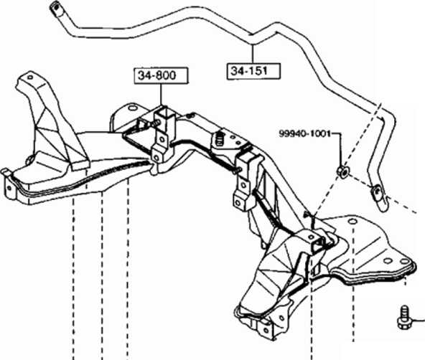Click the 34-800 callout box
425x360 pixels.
click(x=161, y=75)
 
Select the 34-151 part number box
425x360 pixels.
click(x=253, y=71)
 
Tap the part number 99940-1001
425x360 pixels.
click(x=305, y=133)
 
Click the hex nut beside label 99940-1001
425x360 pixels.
click(x=343, y=171)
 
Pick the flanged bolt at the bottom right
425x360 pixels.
click(x=404, y=318)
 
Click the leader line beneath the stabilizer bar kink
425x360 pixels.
click(x=253, y=54)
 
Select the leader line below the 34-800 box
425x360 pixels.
click(x=161, y=95)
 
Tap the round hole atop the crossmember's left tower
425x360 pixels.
click(x=30, y=77)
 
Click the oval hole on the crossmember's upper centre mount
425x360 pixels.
click(x=133, y=108)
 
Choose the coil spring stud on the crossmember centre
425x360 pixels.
click(x=220, y=138)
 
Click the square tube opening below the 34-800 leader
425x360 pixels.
click(x=164, y=112)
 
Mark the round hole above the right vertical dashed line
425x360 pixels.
click(x=352, y=222)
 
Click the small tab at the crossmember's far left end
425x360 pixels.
click(x=4, y=172)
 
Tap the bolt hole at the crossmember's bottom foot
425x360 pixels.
click(x=266, y=330)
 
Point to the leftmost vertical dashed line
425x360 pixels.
click(x=73, y=279)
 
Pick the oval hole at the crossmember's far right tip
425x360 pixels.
click(x=404, y=261)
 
